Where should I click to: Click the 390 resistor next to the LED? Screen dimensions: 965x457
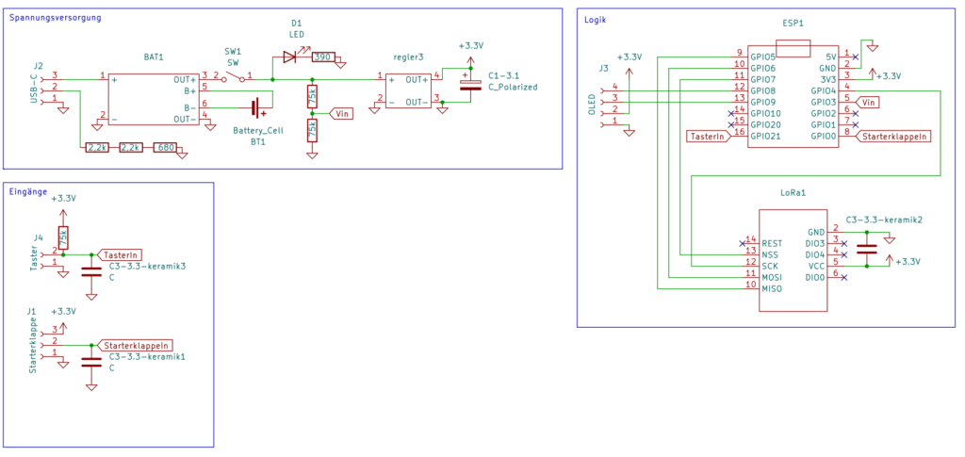tap(323, 57)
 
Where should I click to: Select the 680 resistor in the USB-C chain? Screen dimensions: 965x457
tap(166, 148)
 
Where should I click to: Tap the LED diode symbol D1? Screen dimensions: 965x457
tap(290, 57)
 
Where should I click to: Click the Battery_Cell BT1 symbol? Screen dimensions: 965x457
tap(258, 107)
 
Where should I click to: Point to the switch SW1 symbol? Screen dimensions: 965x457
tap(234, 77)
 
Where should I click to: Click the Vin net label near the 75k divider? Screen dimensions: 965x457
tap(342, 113)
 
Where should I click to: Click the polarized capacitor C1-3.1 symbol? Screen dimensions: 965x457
tap(470, 84)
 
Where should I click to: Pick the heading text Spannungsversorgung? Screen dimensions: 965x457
tap(56, 17)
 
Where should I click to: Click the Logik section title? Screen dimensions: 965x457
tap(595, 20)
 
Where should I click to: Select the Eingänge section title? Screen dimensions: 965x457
tap(28, 191)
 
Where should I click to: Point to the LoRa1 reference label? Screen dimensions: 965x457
tap(793, 192)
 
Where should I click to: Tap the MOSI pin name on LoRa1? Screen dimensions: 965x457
tap(773, 278)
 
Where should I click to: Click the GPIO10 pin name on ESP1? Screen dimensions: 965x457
tap(766, 114)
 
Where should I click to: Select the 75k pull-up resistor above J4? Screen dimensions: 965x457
tap(63, 237)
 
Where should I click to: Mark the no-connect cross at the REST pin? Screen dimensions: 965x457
tap(743, 243)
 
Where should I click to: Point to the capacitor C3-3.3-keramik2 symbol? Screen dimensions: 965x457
tap(867, 249)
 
